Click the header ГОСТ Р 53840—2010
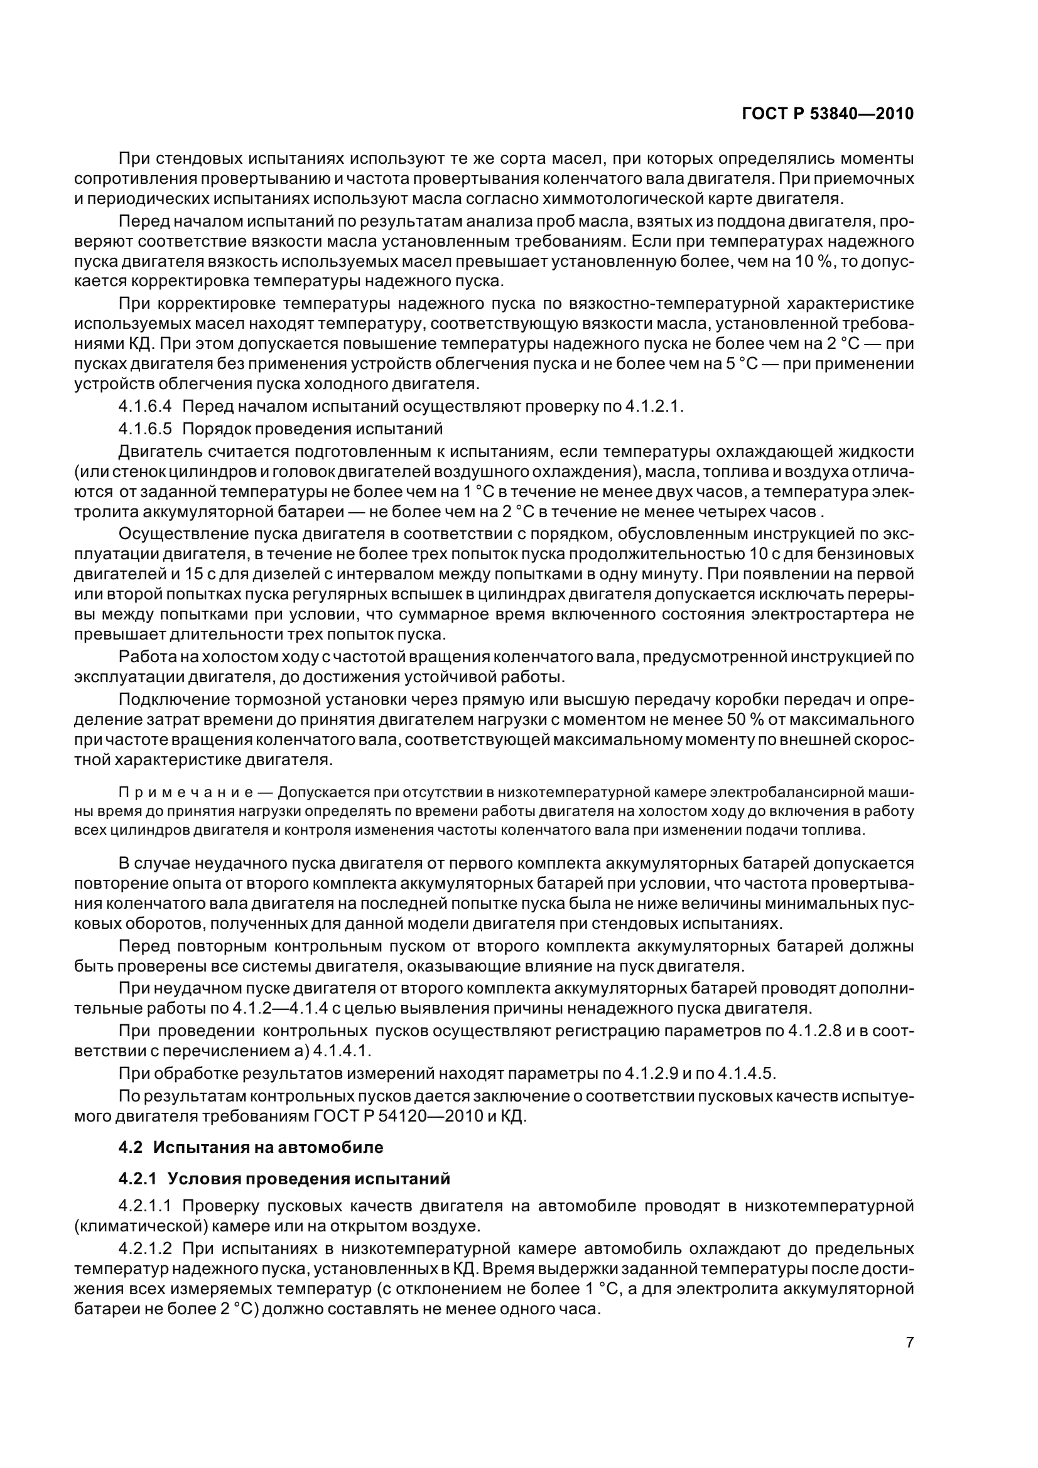828,114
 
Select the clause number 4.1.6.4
144,407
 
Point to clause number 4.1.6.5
144,429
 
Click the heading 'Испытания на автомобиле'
268,1148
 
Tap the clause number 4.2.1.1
144,1206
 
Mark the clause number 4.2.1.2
144,1249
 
